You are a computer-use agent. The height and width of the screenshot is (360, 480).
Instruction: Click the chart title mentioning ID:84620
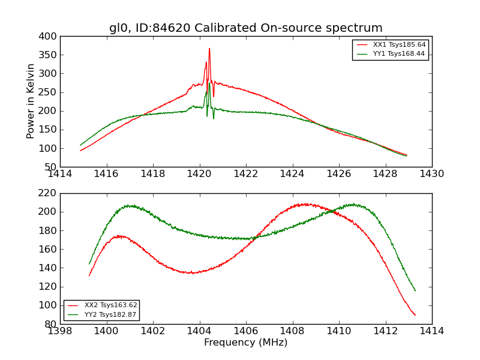(245, 28)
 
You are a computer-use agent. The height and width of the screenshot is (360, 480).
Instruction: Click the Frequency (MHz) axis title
(245, 343)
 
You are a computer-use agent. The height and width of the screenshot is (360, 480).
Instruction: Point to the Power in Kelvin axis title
(31, 101)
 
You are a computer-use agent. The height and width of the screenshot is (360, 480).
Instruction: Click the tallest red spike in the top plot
(209, 49)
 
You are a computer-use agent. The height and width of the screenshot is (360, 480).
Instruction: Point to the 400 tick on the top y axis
(49, 37)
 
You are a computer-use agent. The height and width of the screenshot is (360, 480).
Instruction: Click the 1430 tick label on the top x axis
(431, 174)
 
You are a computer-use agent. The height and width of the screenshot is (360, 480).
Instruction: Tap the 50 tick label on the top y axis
(51, 167)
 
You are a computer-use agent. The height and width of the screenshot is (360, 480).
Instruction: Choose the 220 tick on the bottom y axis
(49, 193)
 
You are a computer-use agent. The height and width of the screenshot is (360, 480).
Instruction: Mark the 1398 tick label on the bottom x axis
(60, 331)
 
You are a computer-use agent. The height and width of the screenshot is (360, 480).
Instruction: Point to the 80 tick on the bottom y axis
(51, 324)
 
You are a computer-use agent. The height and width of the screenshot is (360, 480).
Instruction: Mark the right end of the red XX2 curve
(415, 315)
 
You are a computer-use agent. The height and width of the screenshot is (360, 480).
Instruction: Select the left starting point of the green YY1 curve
(80, 145)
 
